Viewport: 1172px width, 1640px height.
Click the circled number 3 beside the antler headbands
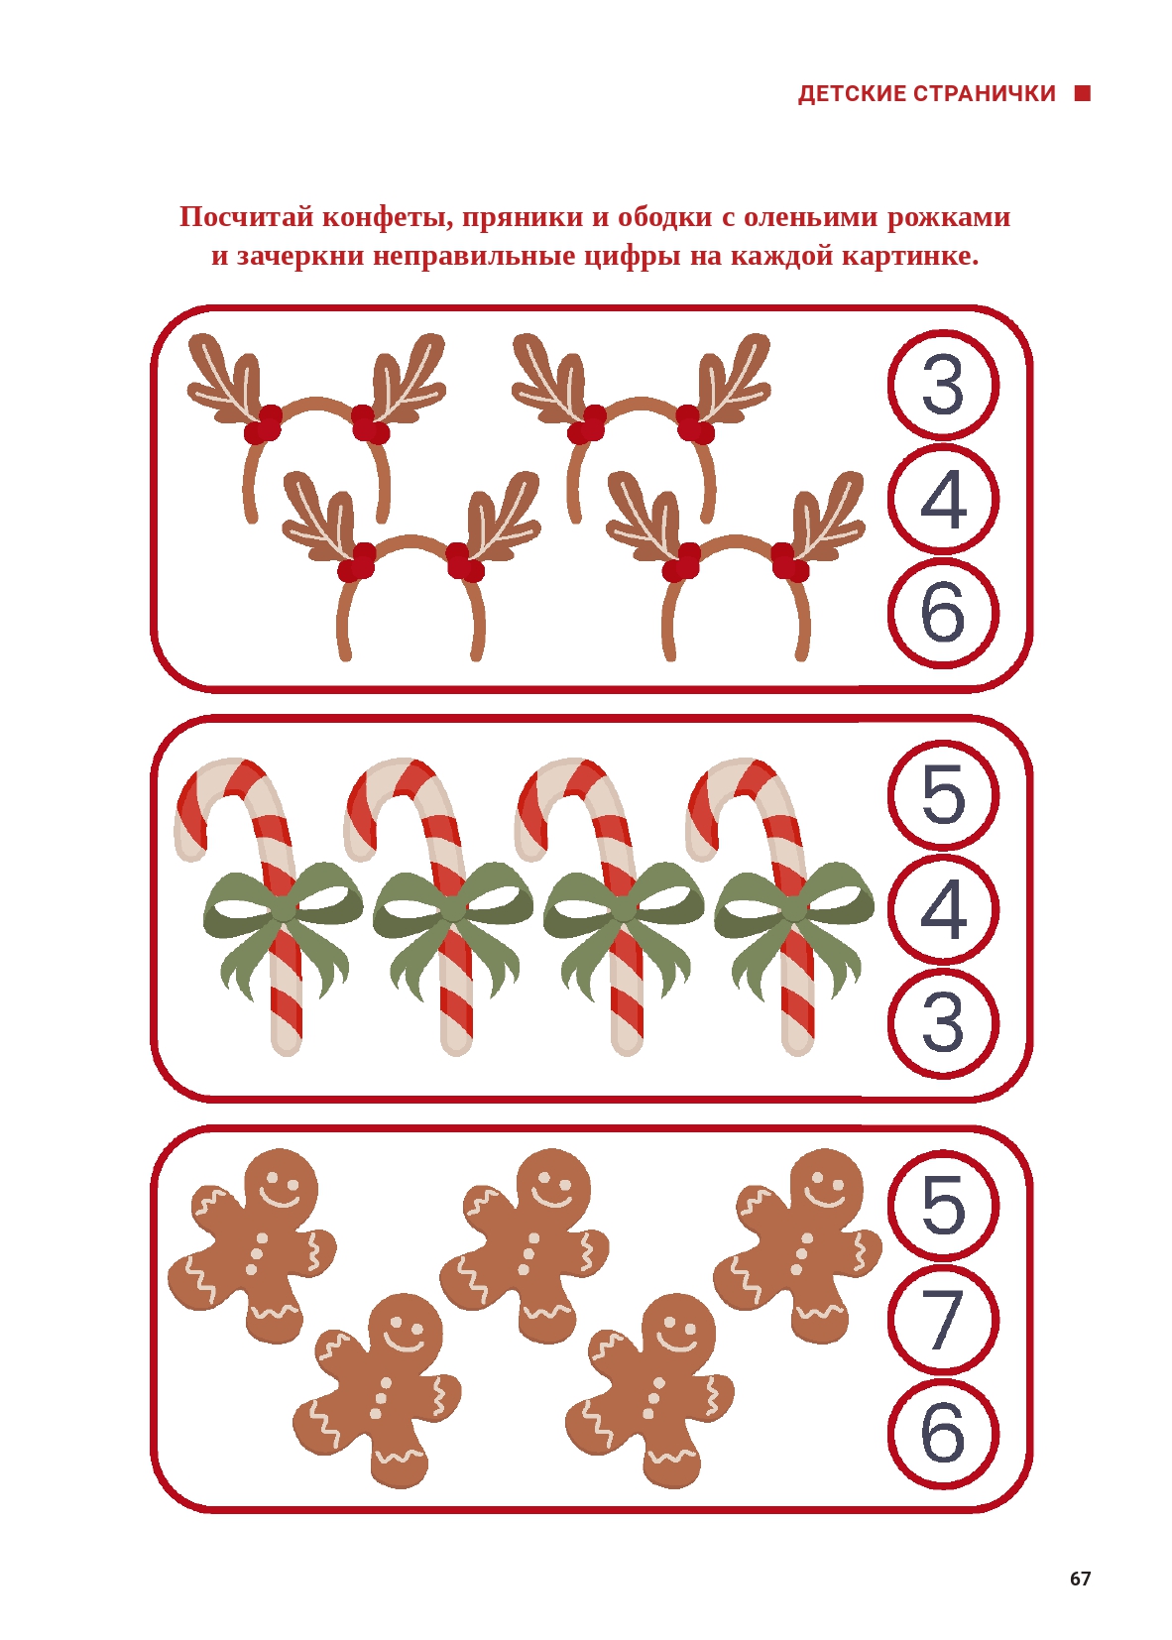pyautogui.click(x=943, y=385)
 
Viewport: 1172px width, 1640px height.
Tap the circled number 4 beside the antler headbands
pyautogui.click(x=943, y=500)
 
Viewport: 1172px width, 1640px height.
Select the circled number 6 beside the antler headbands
pyautogui.click(x=943, y=613)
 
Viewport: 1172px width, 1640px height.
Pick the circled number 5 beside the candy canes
pyautogui.click(x=943, y=795)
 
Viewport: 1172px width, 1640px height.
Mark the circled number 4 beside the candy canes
pyautogui.click(x=943, y=909)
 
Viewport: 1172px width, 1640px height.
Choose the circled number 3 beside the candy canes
pyautogui.click(x=943, y=1023)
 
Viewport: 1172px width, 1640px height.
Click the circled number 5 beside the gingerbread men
pyautogui.click(x=943, y=1205)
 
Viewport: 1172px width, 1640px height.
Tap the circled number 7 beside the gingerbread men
pyautogui.click(x=943, y=1320)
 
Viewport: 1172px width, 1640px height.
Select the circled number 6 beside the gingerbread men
pyautogui.click(x=943, y=1433)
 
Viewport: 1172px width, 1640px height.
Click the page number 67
pyautogui.click(x=1080, y=1578)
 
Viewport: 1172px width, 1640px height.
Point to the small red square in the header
pyautogui.click(x=1082, y=93)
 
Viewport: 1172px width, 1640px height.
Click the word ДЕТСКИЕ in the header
pyautogui.click(x=852, y=94)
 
